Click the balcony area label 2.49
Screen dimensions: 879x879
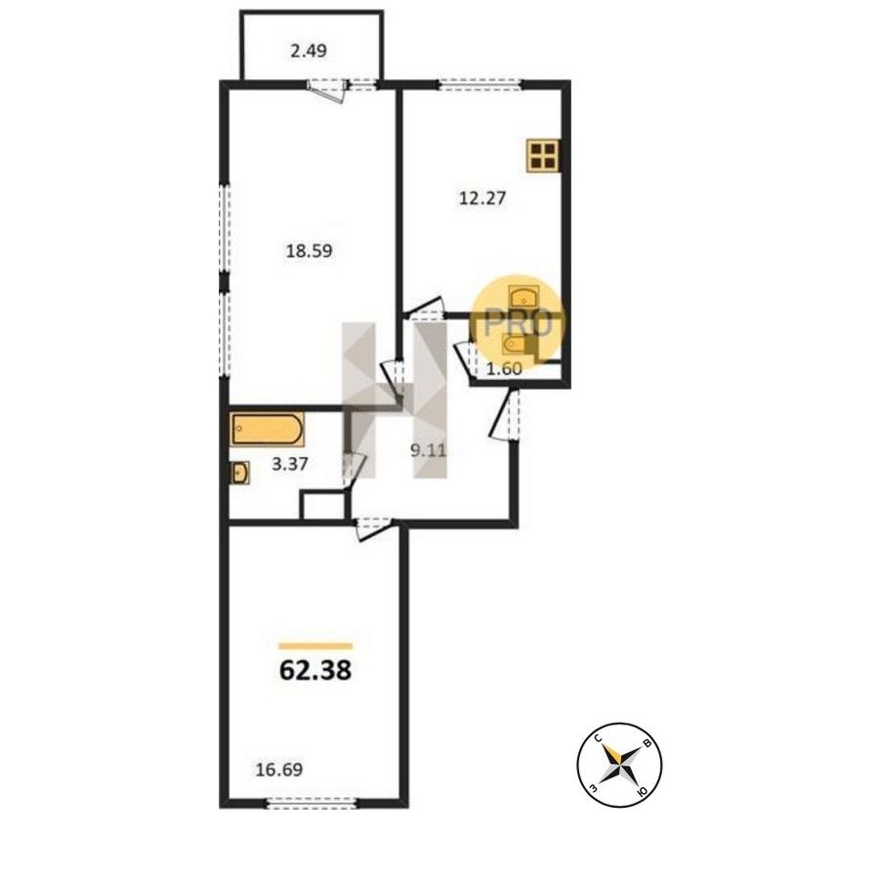point(309,52)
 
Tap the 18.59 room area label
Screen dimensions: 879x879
point(310,251)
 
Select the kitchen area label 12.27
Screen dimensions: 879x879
point(482,198)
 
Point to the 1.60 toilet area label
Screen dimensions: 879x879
point(504,369)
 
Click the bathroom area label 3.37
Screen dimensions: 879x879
point(290,464)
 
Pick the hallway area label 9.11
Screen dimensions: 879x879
point(429,450)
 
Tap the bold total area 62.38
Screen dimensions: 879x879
point(315,670)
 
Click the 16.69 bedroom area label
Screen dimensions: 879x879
point(279,770)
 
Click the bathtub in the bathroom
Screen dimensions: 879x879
point(268,430)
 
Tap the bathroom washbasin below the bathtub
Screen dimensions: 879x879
point(240,473)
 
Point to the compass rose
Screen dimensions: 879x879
point(619,765)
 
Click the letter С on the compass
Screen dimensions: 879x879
point(598,740)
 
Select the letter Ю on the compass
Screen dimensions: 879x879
point(643,790)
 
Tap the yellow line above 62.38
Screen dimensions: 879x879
point(315,646)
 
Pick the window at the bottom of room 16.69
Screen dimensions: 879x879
point(312,805)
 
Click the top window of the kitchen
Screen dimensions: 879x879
point(480,85)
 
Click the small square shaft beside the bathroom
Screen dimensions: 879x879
point(322,506)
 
